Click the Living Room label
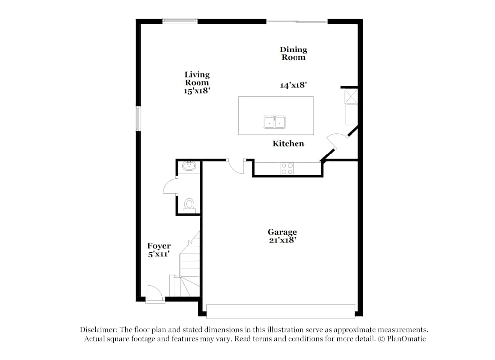click(x=197, y=79)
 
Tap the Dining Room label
click(x=294, y=53)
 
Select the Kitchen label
click(x=288, y=144)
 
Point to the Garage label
click(x=282, y=232)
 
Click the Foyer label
click(x=159, y=246)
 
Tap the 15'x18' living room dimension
click(x=197, y=91)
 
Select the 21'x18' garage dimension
click(x=282, y=240)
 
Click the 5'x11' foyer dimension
click(x=159, y=254)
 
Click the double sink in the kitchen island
click(x=275, y=122)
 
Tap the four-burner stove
click(x=287, y=168)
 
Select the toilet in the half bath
click(x=189, y=204)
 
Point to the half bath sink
click(x=189, y=166)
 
